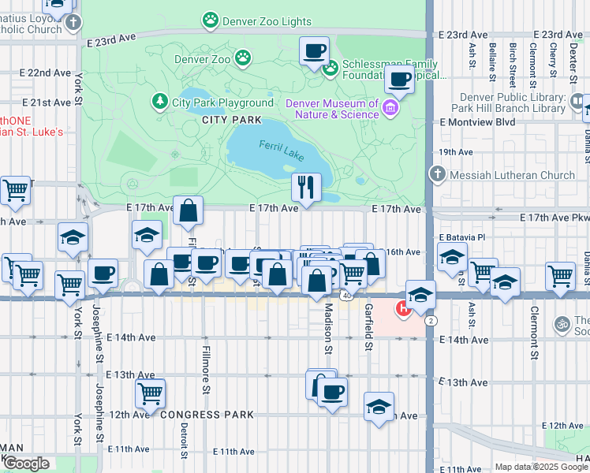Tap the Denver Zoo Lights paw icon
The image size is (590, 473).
coord(210,21)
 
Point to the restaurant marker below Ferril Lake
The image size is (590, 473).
coord(305,187)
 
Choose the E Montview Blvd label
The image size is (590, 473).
coord(477,122)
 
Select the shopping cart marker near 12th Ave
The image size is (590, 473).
coord(149,391)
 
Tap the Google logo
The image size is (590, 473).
coord(26,464)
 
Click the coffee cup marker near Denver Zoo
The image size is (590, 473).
coord(314,51)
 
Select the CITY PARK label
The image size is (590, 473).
coord(231,120)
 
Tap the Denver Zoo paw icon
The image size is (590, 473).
coord(244,58)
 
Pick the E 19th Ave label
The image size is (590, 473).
coord(456,151)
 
